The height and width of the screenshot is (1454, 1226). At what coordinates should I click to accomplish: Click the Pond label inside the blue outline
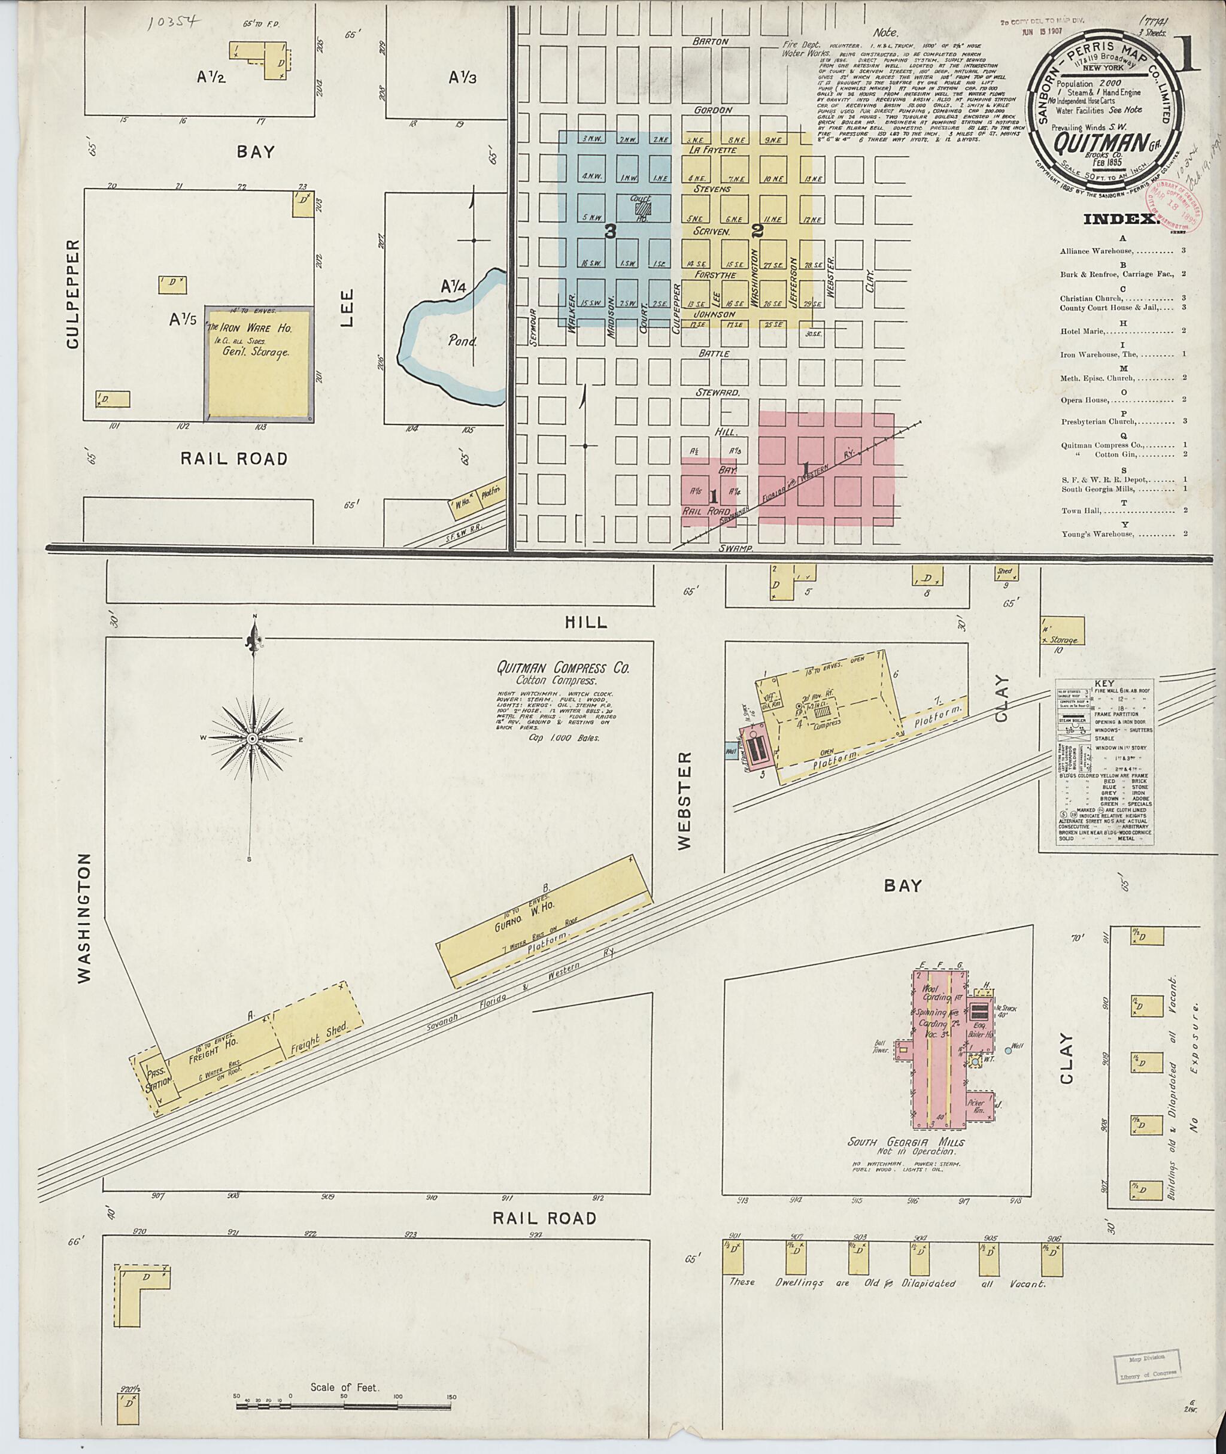[462, 342]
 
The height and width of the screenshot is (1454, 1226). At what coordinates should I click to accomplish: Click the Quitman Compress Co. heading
[562, 669]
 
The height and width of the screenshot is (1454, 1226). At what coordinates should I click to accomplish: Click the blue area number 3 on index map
[609, 233]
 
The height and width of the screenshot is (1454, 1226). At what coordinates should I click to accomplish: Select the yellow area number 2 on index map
[757, 230]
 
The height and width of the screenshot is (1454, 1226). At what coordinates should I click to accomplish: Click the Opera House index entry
[1090, 400]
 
